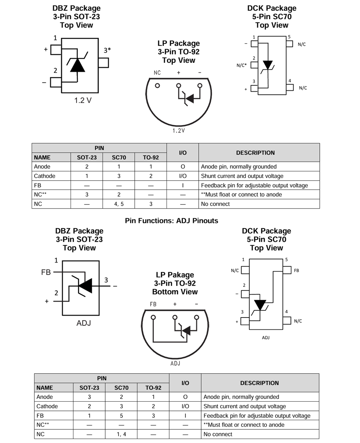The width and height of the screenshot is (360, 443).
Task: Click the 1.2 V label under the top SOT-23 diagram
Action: tap(82, 100)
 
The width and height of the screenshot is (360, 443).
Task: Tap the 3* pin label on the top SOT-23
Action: tap(107, 51)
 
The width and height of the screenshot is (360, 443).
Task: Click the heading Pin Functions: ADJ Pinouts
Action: tap(171, 221)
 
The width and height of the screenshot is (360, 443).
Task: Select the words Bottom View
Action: tap(175, 292)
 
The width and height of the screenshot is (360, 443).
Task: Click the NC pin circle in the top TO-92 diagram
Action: tap(157, 86)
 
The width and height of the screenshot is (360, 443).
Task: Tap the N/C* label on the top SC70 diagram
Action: tap(241, 65)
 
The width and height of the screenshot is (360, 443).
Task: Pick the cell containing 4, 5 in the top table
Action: tap(119, 204)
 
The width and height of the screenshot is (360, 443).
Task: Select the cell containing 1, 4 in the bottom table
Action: tap(121, 434)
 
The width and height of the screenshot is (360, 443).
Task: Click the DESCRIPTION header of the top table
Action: tap(255, 153)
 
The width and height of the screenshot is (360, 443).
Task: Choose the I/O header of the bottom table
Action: tap(185, 383)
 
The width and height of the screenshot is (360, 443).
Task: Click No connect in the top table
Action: tap(215, 204)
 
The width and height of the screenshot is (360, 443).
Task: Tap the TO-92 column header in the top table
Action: tap(151, 158)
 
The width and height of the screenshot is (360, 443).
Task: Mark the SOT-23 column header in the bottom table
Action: tap(89, 388)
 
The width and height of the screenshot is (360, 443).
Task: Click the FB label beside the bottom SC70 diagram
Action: tap(296, 271)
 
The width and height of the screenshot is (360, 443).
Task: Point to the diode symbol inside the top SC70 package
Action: tap(267, 65)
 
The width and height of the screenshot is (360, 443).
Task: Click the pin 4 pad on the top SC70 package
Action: tap(290, 87)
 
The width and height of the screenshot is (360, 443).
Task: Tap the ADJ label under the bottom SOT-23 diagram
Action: tap(83, 323)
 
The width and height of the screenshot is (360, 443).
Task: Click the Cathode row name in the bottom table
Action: tap(47, 406)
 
